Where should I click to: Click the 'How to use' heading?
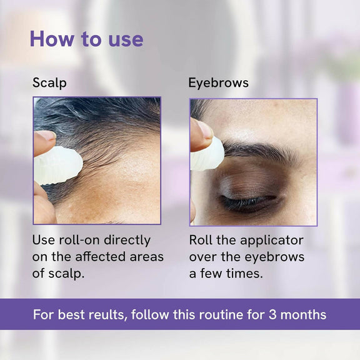click(86, 39)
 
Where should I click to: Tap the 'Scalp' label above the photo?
click(49, 82)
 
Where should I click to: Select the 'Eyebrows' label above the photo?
click(218, 82)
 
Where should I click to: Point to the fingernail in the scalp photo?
click(45, 136)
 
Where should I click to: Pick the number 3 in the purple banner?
click(275, 314)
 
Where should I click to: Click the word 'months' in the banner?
click(305, 314)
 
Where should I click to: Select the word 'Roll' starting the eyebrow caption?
click(201, 240)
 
